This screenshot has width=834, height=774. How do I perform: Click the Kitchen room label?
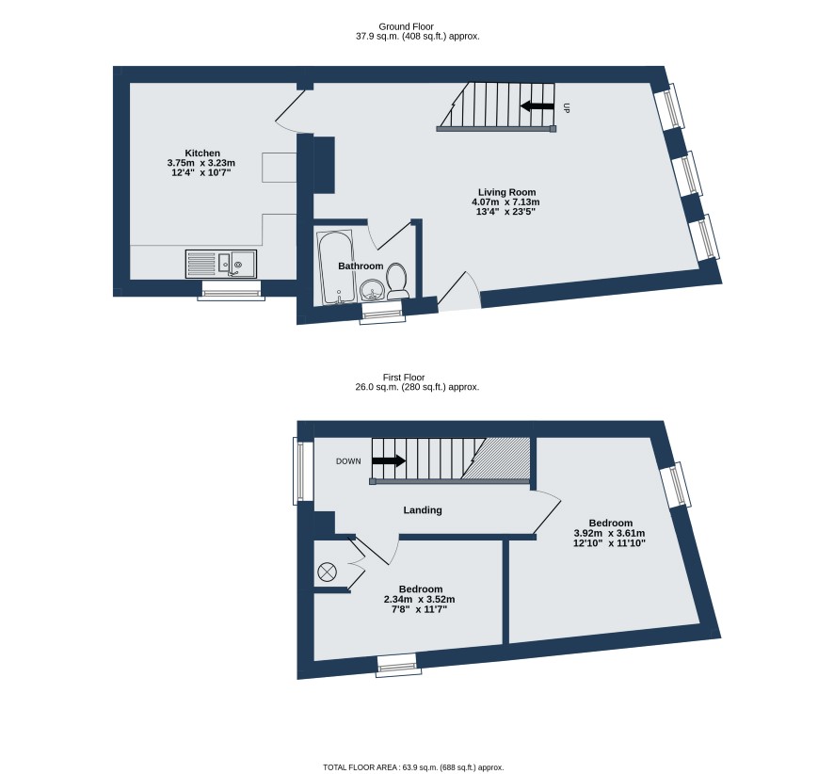(x=202, y=153)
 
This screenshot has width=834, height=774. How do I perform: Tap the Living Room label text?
(x=506, y=193)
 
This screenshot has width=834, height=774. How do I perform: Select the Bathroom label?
(x=361, y=266)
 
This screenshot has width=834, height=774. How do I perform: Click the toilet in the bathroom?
(x=397, y=281)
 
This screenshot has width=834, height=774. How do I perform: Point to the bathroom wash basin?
(x=371, y=291)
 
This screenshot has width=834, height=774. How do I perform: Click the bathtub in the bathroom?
(x=335, y=267)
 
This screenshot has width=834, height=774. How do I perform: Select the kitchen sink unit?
(x=220, y=264)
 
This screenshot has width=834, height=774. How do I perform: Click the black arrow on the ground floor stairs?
(x=537, y=105)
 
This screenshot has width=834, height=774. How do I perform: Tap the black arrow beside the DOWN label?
(x=389, y=460)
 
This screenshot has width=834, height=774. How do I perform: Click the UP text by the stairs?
(x=566, y=108)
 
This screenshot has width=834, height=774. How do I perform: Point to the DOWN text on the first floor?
(x=348, y=461)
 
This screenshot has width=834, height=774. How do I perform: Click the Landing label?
(x=423, y=510)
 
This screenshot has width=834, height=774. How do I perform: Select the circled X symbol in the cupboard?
(x=328, y=572)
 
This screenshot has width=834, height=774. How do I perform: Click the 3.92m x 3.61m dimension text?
(x=609, y=533)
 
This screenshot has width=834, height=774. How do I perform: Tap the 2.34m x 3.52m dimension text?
(x=419, y=600)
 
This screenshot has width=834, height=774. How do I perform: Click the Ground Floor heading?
(x=406, y=26)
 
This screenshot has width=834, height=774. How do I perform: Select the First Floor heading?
(x=404, y=378)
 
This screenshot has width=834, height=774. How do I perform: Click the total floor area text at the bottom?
(x=413, y=767)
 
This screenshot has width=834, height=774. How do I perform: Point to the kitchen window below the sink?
(x=232, y=290)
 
